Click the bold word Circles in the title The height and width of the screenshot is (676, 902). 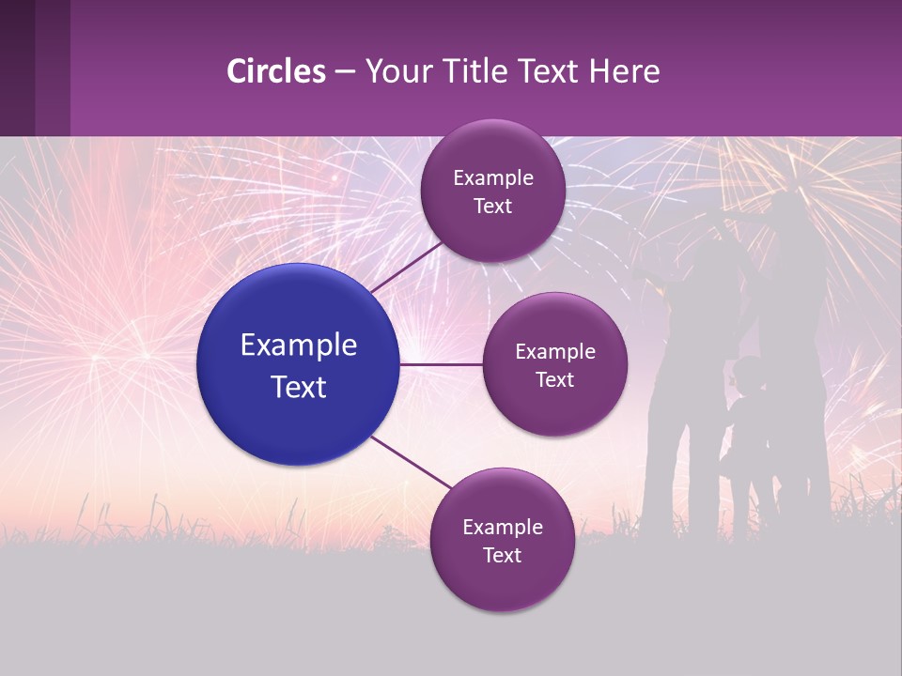[x=276, y=71]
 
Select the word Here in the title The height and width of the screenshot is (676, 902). [x=624, y=71]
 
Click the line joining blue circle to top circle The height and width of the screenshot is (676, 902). [x=407, y=265]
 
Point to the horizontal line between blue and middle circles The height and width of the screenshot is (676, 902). [x=442, y=364]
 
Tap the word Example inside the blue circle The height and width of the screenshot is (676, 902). [x=299, y=346]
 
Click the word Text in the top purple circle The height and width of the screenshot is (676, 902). [x=492, y=206]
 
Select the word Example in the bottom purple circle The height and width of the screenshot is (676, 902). [x=502, y=527]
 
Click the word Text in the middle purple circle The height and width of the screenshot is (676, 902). [x=554, y=379]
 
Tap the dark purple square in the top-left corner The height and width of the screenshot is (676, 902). [x=35, y=68]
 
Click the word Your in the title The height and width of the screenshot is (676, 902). [x=396, y=71]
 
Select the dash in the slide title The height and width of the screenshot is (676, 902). [x=345, y=72]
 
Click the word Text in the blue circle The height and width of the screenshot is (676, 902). [x=299, y=387]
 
